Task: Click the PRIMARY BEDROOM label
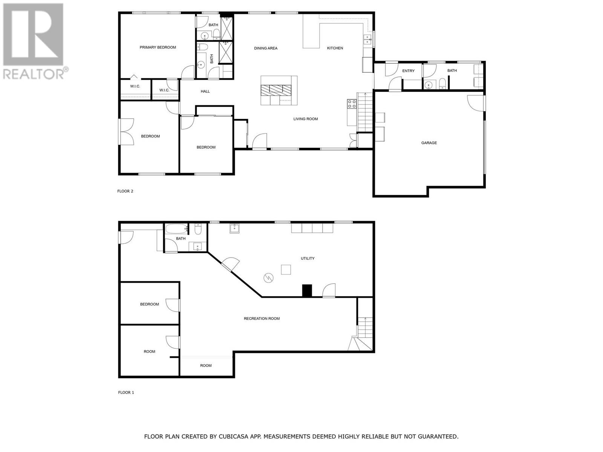pos(158,47)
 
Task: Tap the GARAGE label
pos(429,143)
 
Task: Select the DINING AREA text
pos(266,48)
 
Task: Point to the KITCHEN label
pos(335,48)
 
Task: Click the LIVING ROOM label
pos(306,119)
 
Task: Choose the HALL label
pos(205,92)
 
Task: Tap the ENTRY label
pos(408,71)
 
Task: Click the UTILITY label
pos(308,258)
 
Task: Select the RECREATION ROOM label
pos(262,319)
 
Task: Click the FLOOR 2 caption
pos(125,191)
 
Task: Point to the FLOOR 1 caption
pos(126,392)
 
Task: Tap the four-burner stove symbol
pos(352,104)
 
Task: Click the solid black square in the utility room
pos(307,291)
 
